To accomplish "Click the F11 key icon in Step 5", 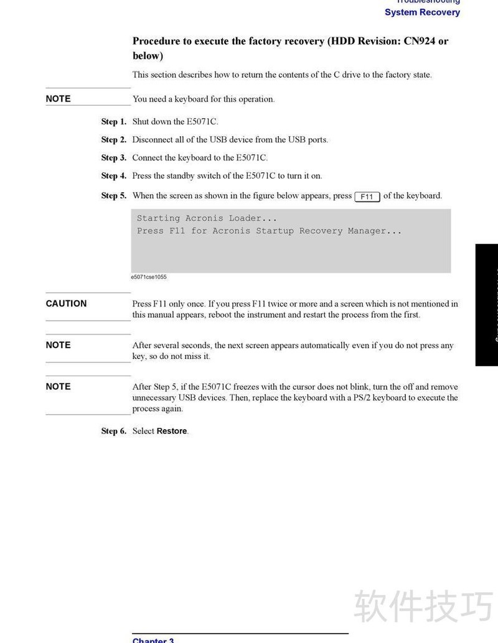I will tap(367, 197).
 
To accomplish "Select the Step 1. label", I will tap(114, 122).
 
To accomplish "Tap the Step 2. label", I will tap(114, 140).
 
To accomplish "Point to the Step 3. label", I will tap(114, 158).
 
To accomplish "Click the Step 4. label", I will tap(114, 176).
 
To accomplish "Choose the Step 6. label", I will tap(114, 431).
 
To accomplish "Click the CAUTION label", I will tap(66, 303).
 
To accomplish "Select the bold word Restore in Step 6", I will tap(172, 431).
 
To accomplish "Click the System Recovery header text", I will tap(422, 12).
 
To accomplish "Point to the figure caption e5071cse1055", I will tap(149, 277).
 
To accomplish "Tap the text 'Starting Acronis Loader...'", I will tap(207, 218).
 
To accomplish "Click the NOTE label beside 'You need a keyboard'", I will tap(58, 99).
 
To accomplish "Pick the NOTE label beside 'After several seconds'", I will tap(58, 345).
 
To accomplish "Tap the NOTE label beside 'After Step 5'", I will tap(58, 386).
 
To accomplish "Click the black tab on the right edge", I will tap(487, 305).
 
